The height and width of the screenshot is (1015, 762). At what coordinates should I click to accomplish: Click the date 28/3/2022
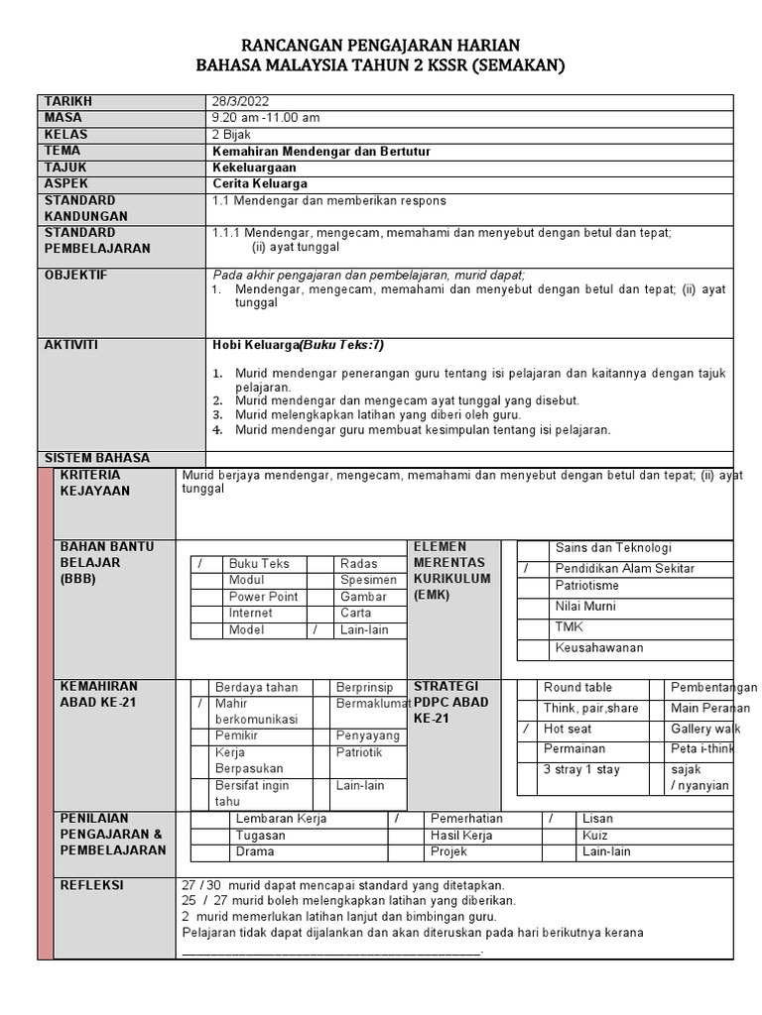click(240, 102)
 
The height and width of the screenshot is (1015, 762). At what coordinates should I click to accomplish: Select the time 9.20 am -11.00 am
click(266, 118)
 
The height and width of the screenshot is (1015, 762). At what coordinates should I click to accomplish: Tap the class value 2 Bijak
click(231, 135)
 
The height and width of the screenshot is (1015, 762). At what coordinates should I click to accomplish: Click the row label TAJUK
click(65, 168)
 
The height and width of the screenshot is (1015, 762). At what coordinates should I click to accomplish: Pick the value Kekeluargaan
click(254, 168)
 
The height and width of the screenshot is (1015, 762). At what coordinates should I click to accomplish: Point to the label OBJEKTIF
click(75, 275)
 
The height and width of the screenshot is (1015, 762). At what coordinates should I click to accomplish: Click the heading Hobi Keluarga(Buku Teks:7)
click(298, 345)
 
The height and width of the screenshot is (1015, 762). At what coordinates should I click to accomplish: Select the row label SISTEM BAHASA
click(97, 458)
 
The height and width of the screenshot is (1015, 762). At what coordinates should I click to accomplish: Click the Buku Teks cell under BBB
click(259, 563)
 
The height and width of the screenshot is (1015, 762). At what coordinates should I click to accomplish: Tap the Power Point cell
click(263, 597)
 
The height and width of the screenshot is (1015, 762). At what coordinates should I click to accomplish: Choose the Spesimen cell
click(368, 580)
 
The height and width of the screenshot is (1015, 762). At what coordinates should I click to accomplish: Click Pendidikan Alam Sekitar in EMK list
click(624, 568)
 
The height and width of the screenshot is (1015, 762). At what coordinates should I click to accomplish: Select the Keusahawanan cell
click(599, 647)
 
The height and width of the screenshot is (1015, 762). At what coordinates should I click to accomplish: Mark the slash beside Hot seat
click(526, 729)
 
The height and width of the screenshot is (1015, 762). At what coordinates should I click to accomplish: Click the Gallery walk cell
click(705, 729)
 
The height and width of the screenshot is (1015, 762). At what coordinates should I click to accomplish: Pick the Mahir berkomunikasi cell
click(248, 711)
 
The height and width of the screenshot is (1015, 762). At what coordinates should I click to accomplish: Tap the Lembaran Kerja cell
click(281, 819)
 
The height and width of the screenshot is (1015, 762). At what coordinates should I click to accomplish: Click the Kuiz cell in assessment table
click(595, 836)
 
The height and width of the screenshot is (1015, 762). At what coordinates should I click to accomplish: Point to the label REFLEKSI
click(91, 885)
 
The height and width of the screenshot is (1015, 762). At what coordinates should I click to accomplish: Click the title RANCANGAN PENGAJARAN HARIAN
click(381, 46)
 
